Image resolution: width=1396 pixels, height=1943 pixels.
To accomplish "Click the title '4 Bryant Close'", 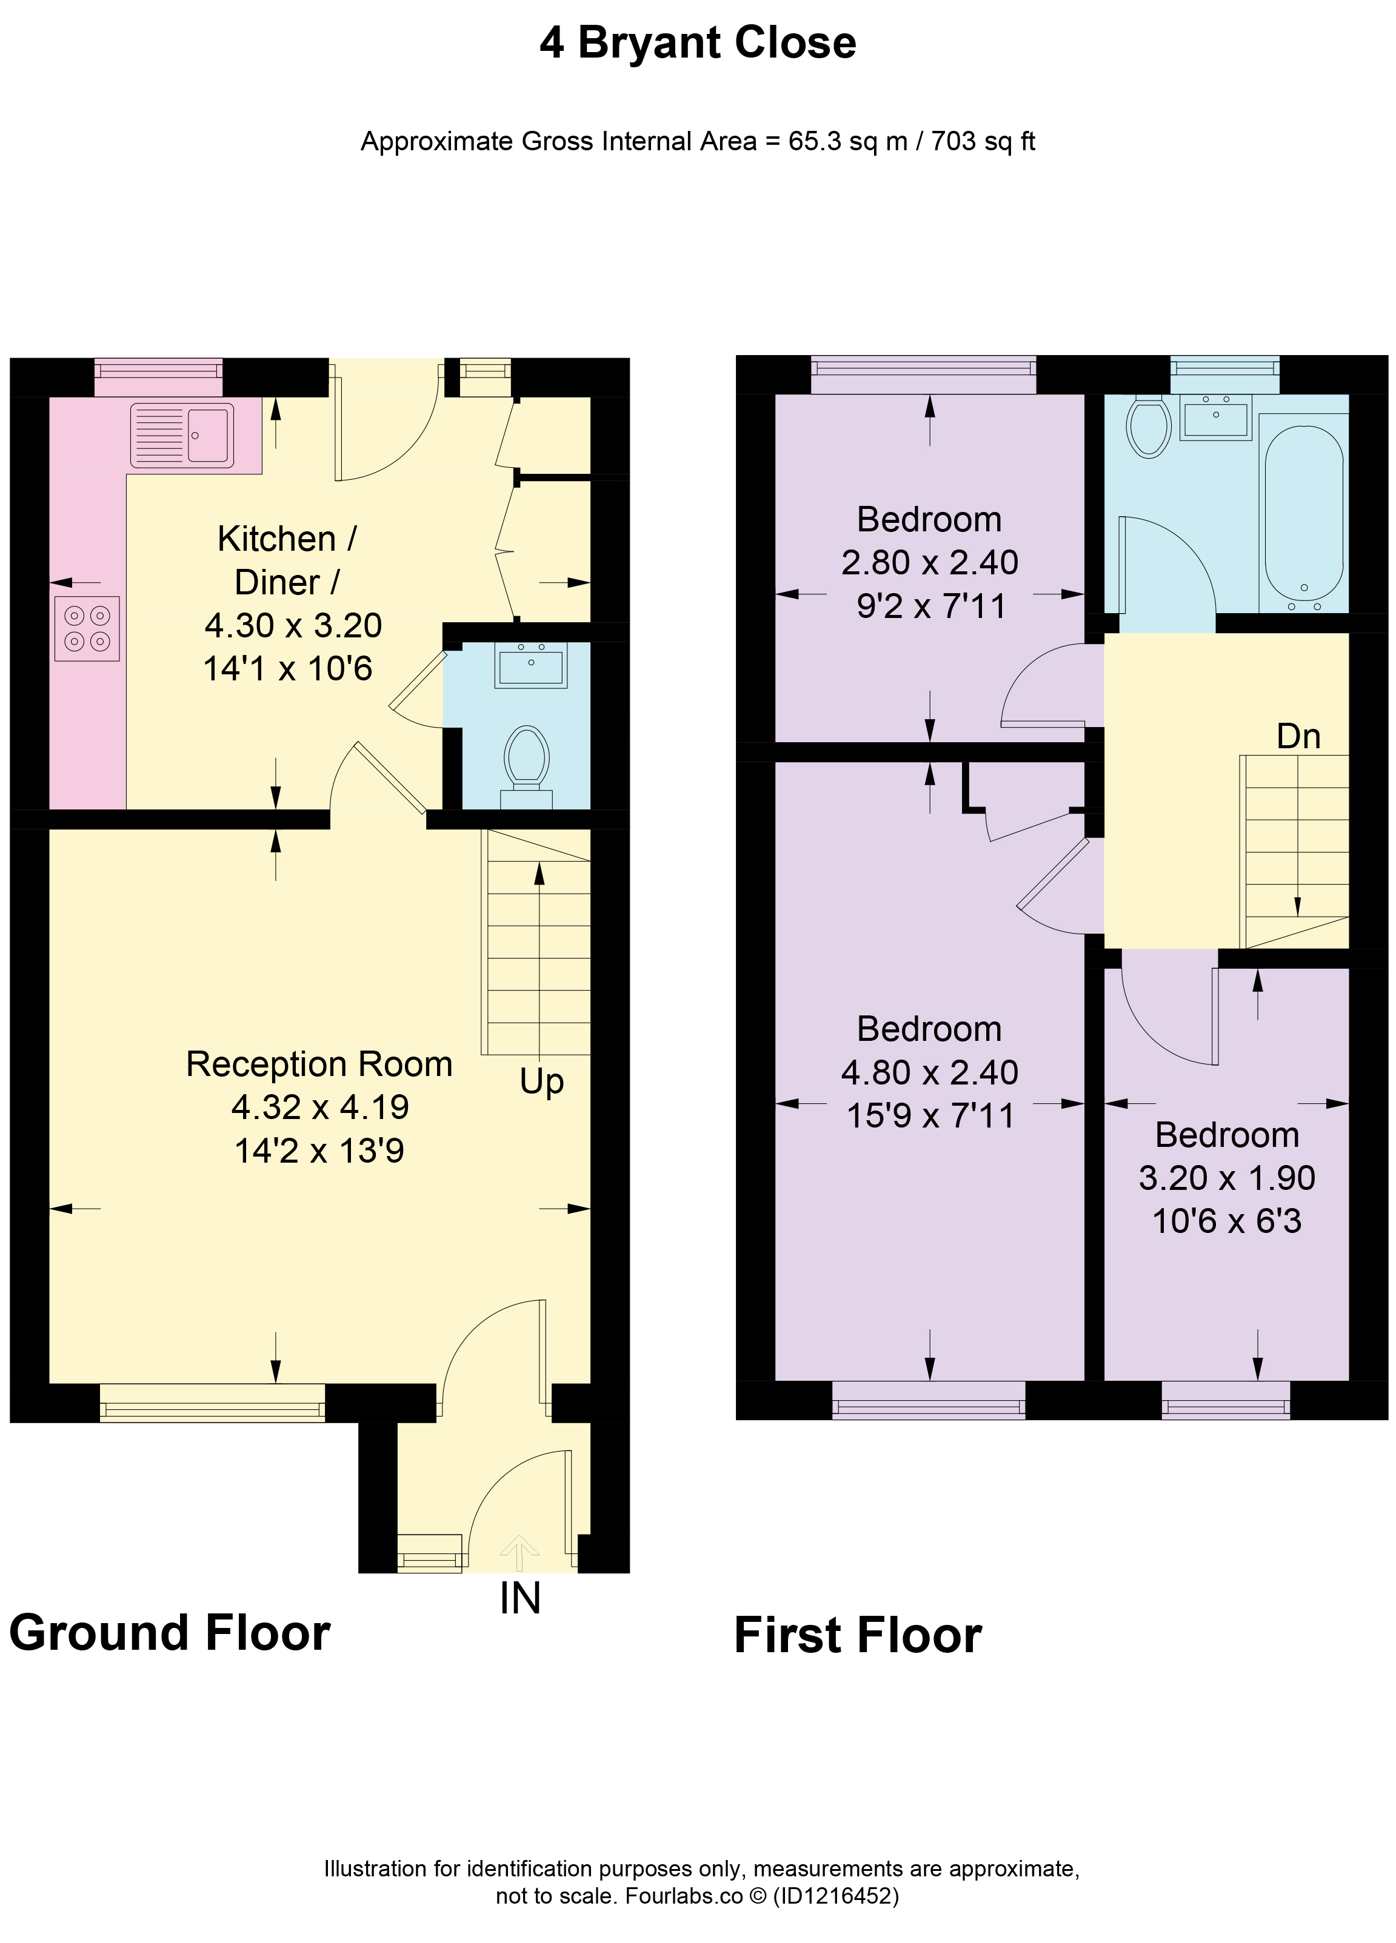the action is tap(698, 43).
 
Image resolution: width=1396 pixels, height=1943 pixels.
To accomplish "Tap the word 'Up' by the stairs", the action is tap(541, 1082).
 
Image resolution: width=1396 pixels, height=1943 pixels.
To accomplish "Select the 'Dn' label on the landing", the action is tap(1298, 737).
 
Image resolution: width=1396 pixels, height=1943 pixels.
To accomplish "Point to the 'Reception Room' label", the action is tap(319, 1064).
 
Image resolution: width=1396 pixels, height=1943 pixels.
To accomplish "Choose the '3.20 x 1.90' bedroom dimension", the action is tap(1226, 1178).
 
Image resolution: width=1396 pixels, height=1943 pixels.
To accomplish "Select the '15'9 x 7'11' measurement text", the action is tap(930, 1115).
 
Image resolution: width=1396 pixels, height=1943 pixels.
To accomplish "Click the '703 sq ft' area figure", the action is tap(983, 141).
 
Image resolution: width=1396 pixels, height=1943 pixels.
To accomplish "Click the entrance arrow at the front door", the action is tap(519, 1552).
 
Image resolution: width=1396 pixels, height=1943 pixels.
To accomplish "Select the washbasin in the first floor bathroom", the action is tap(1215, 417).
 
